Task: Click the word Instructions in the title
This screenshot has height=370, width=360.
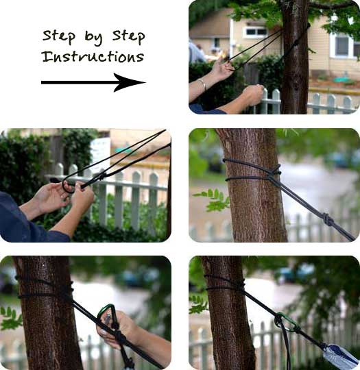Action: pyautogui.click(x=93, y=56)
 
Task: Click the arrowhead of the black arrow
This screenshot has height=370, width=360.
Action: pyautogui.click(x=130, y=82)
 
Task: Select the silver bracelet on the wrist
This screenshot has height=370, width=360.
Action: pyautogui.click(x=202, y=84)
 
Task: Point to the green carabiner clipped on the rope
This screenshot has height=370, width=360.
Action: pyautogui.click(x=287, y=322)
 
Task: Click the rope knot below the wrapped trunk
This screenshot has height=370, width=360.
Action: pyautogui.click(x=327, y=219)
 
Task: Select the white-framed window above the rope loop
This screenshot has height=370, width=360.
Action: pyautogui.click(x=255, y=32)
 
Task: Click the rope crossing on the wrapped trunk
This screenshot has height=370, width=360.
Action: pyautogui.click(x=275, y=172)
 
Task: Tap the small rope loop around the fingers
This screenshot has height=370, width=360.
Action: pyautogui.click(x=67, y=186)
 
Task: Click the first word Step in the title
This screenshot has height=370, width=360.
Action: pyautogui.click(x=59, y=36)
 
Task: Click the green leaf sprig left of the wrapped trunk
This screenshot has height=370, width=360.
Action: pyautogui.click(x=211, y=198)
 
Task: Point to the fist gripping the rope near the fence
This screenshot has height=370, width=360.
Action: pyautogui.click(x=253, y=95)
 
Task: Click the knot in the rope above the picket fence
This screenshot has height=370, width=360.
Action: pyautogui.click(x=102, y=176)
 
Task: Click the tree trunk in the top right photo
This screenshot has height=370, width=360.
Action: pyautogui.click(x=296, y=59)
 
